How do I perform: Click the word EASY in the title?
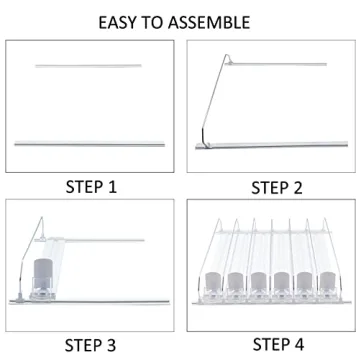pyautogui.click(x=118, y=22)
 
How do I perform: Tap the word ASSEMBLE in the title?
pyautogui.click(x=209, y=22)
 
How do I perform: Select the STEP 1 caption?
pyautogui.click(x=91, y=187)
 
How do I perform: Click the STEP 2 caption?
pyautogui.click(x=277, y=188)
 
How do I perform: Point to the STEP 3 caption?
pyautogui.click(x=90, y=345)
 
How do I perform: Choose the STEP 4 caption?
pyautogui.click(x=278, y=344)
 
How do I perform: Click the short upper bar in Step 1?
pyautogui.click(x=88, y=66)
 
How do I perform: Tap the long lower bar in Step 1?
pyautogui.click(x=90, y=144)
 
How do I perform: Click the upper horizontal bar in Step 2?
pyautogui.click(x=277, y=64)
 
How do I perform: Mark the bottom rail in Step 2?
pyautogui.click(x=272, y=145)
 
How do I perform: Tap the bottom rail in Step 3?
pyautogui.click(x=89, y=302)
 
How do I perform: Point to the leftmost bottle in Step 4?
pyautogui.click(x=212, y=282)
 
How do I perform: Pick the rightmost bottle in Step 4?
pyautogui.click(x=327, y=282)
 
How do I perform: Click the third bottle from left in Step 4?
pyautogui.click(x=258, y=282)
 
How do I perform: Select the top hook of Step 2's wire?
pyautogui.click(x=228, y=57)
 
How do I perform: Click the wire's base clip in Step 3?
pyautogui.click(x=20, y=297)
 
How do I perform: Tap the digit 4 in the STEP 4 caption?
pyautogui.click(x=298, y=344)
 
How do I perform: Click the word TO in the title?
pyautogui.click(x=152, y=22)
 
